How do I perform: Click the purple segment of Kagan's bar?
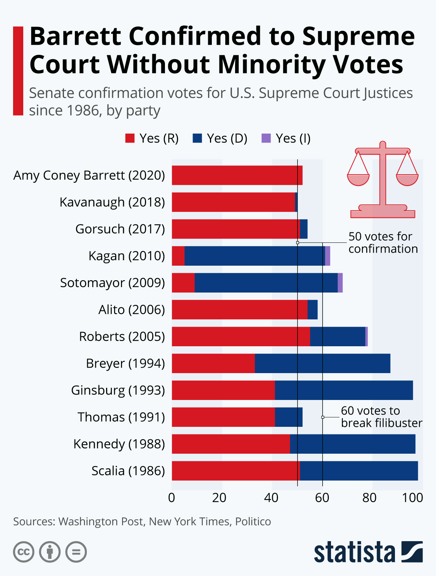point(327,256)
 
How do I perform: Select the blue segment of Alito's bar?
point(312,310)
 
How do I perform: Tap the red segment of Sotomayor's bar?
point(183,283)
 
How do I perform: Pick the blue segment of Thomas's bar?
point(288,417)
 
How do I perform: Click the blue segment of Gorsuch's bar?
point(304,229)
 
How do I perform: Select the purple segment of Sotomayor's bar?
point(340,283)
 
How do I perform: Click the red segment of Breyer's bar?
point(213,363)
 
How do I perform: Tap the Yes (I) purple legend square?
point(266,138)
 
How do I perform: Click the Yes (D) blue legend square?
point(197,138)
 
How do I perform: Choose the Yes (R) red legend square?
point(130,138)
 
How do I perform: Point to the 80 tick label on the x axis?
point(369,498)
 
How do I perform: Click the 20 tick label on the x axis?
point(219,498)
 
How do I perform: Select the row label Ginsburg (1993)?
point(118,390)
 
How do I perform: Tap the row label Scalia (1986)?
point(128,471)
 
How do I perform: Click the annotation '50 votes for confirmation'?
point(383,242)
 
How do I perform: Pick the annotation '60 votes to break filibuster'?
point(381,417)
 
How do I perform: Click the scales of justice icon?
point(383,180)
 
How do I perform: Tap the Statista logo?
point(368,552)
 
